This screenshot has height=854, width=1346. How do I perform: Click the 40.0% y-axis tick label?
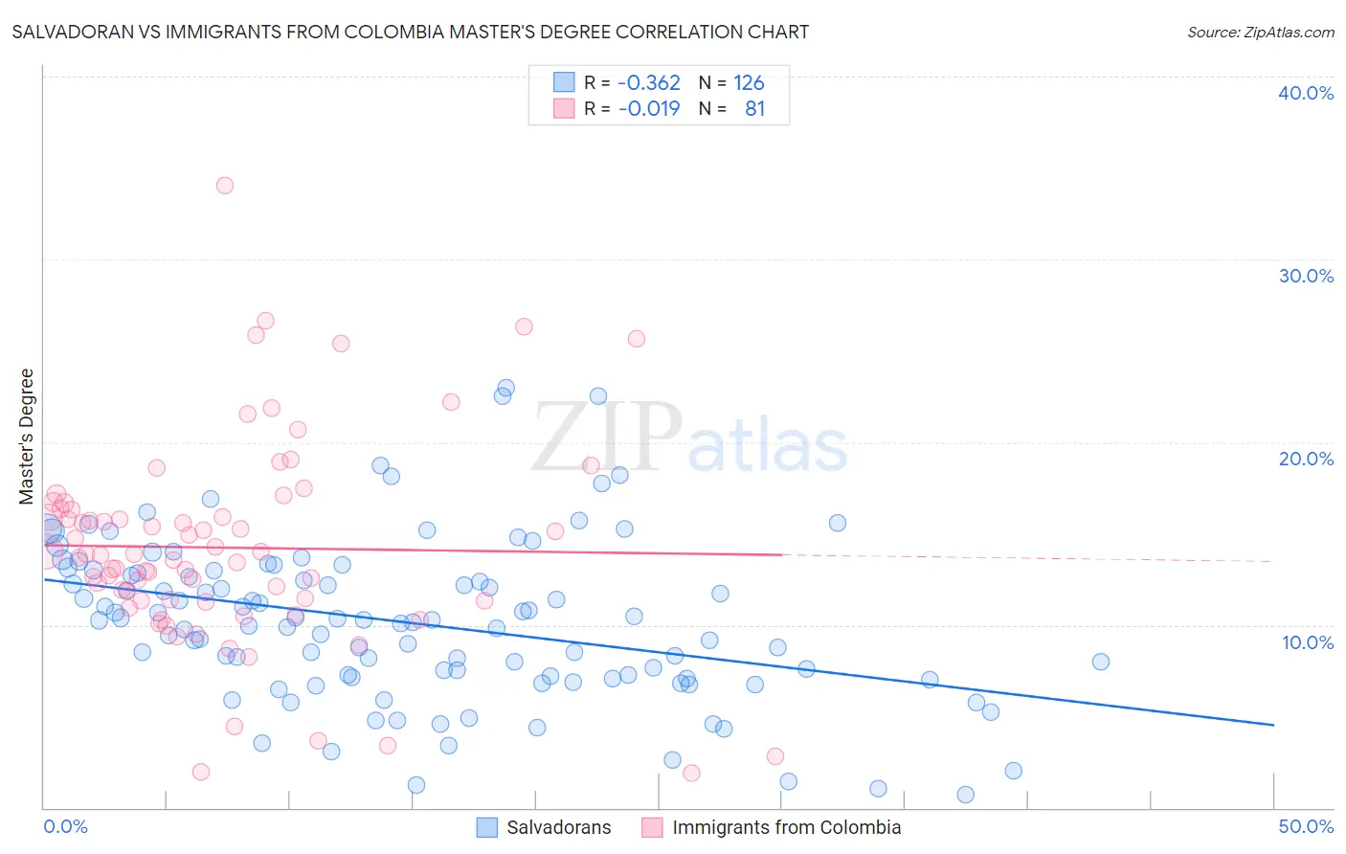click(1306, 93)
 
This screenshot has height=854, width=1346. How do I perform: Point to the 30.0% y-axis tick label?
click(1306, 276)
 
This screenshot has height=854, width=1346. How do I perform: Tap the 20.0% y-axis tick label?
click(1306, 459)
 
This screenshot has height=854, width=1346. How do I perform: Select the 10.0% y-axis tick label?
click(1306, 642)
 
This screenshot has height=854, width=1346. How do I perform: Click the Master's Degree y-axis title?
click(26, 437)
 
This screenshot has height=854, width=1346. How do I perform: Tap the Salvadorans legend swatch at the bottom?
click(487, 827)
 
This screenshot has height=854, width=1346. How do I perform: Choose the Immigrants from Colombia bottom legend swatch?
click(652, 827)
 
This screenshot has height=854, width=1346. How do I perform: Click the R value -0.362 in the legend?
click(649, 83)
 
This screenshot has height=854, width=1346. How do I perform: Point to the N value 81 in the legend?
click(754, 108)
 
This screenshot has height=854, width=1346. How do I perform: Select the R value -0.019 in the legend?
click(649, 108)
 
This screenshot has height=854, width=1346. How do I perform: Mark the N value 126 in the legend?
click(749, 83)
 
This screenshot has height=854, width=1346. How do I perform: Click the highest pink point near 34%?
click(225, 186)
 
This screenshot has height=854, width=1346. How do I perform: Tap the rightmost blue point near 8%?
click(1100, 662)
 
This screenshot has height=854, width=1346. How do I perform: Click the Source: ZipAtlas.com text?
click(1260, 33)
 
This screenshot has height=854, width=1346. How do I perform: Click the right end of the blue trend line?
click(1273, 725)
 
